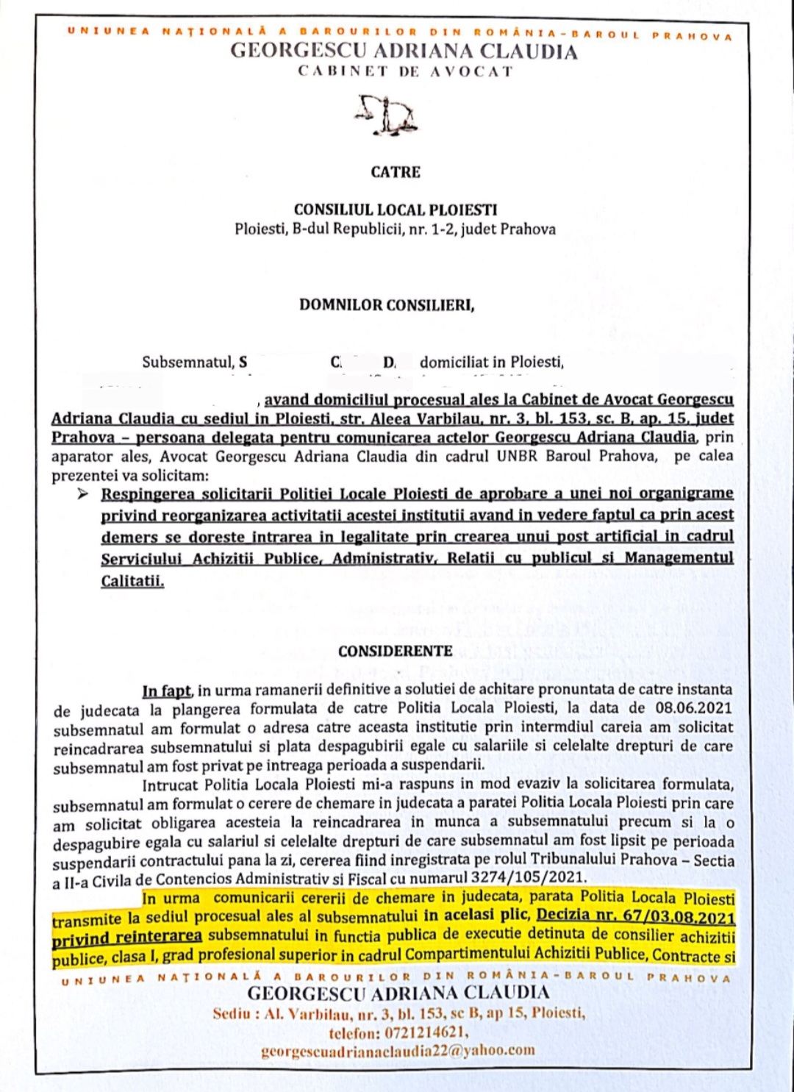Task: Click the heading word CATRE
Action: point(396,172)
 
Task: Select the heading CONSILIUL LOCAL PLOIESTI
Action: point(396,210)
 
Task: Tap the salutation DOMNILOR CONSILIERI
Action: point(387,305)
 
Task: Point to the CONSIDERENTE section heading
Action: point(396,651)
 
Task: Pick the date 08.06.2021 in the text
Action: point(693,707)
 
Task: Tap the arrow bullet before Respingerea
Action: point(83,493)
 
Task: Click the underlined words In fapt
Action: point(166,690)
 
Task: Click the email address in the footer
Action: point(398,1050)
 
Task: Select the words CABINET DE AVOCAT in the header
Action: point(405,71)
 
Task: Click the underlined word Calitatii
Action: point(132,581)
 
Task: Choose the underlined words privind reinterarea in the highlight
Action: point(126,938)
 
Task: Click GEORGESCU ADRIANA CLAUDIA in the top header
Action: point(404,51)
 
